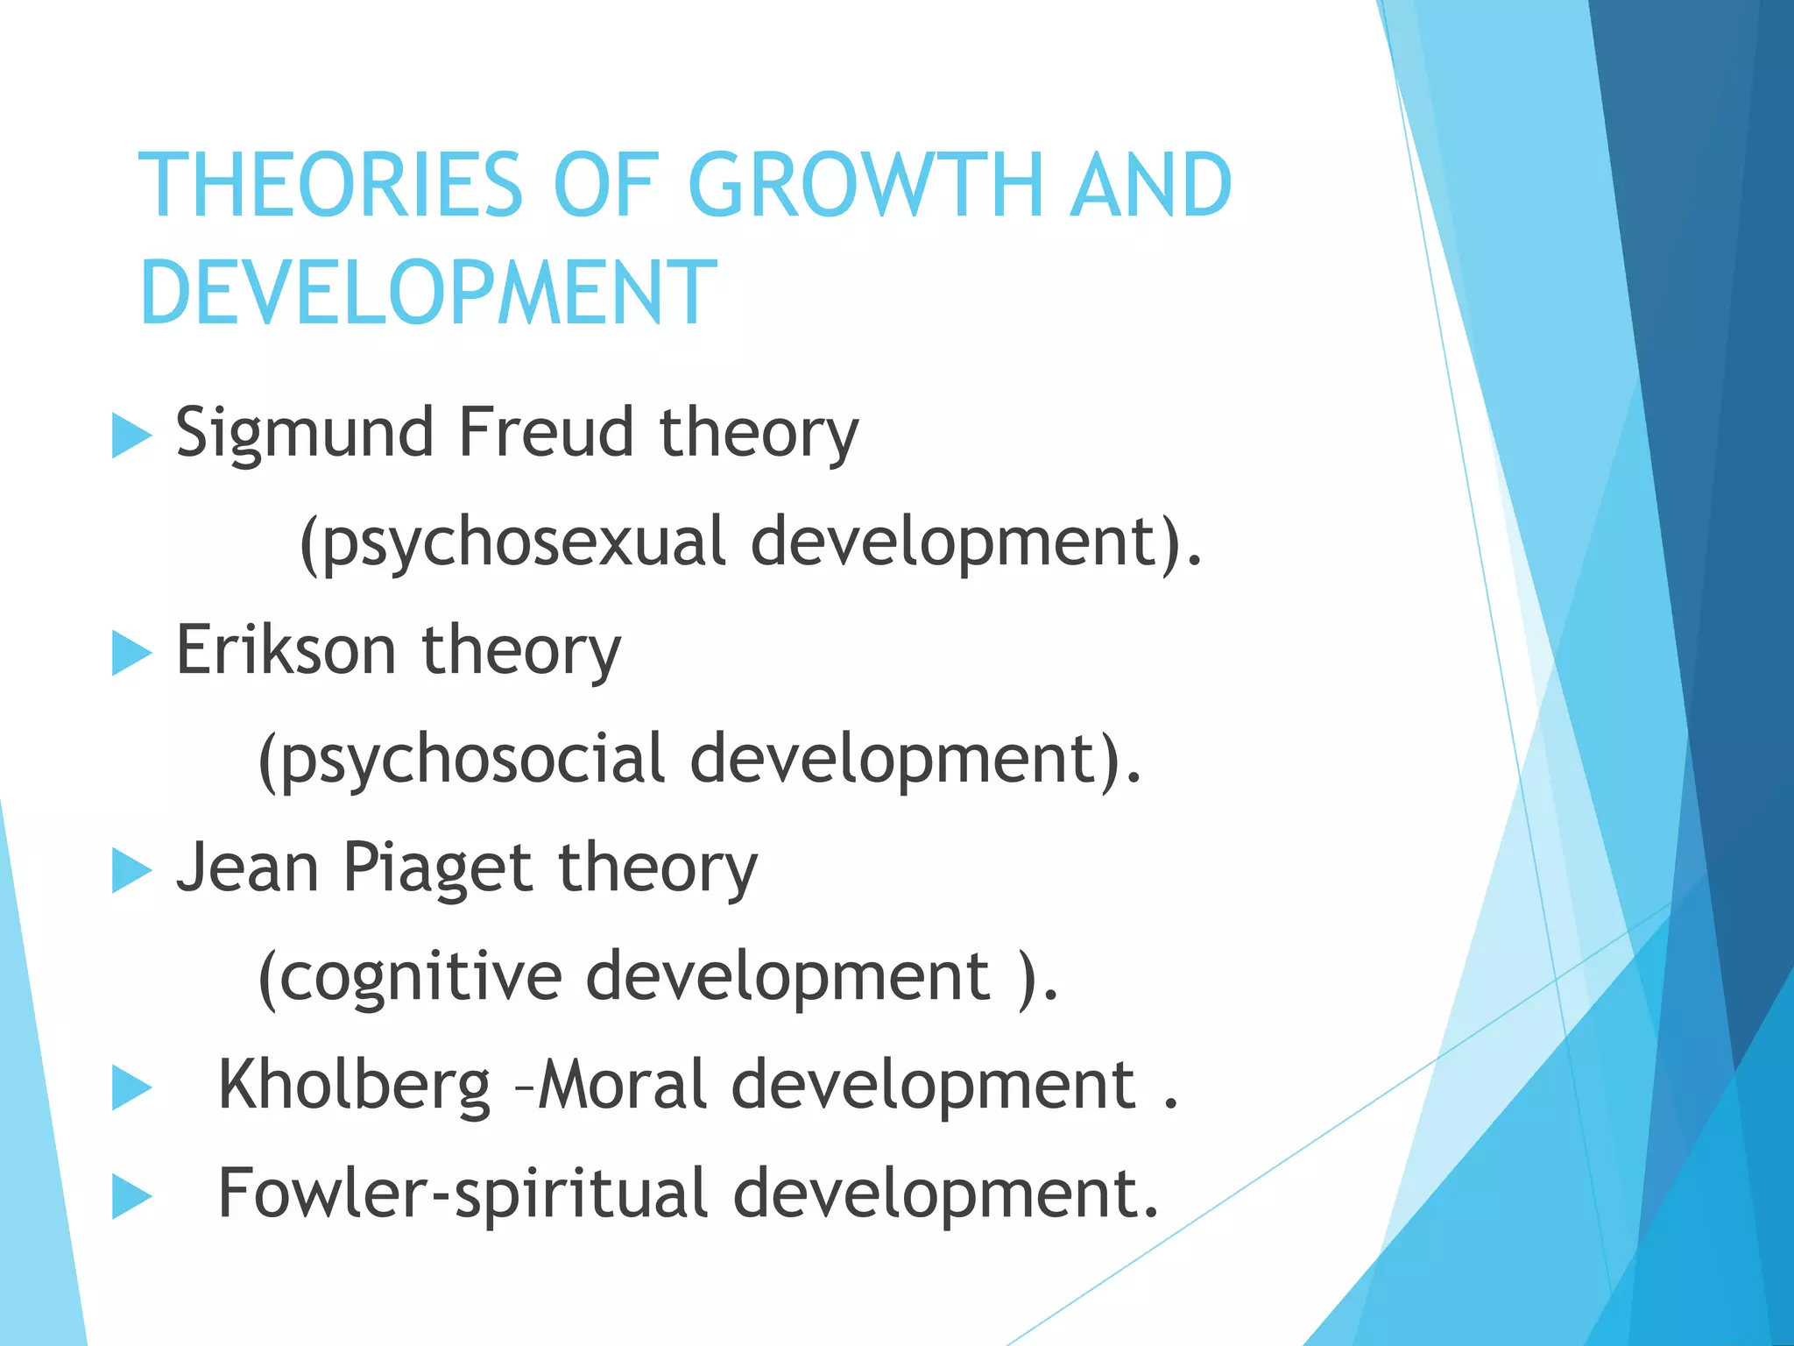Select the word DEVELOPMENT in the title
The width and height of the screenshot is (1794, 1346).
(427, 293)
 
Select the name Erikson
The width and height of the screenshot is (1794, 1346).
(286, 650)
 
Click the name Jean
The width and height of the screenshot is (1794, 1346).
(248, 868)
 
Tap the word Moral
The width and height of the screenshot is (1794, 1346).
(622, 1085)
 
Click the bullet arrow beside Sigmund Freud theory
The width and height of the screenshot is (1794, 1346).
(131, 436)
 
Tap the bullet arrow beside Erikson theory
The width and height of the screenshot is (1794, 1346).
(131, 654)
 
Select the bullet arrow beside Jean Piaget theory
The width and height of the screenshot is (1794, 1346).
(131, 871)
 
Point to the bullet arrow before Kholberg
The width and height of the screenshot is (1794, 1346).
(131, 1089)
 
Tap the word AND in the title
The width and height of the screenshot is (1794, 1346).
(1150, 185)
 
